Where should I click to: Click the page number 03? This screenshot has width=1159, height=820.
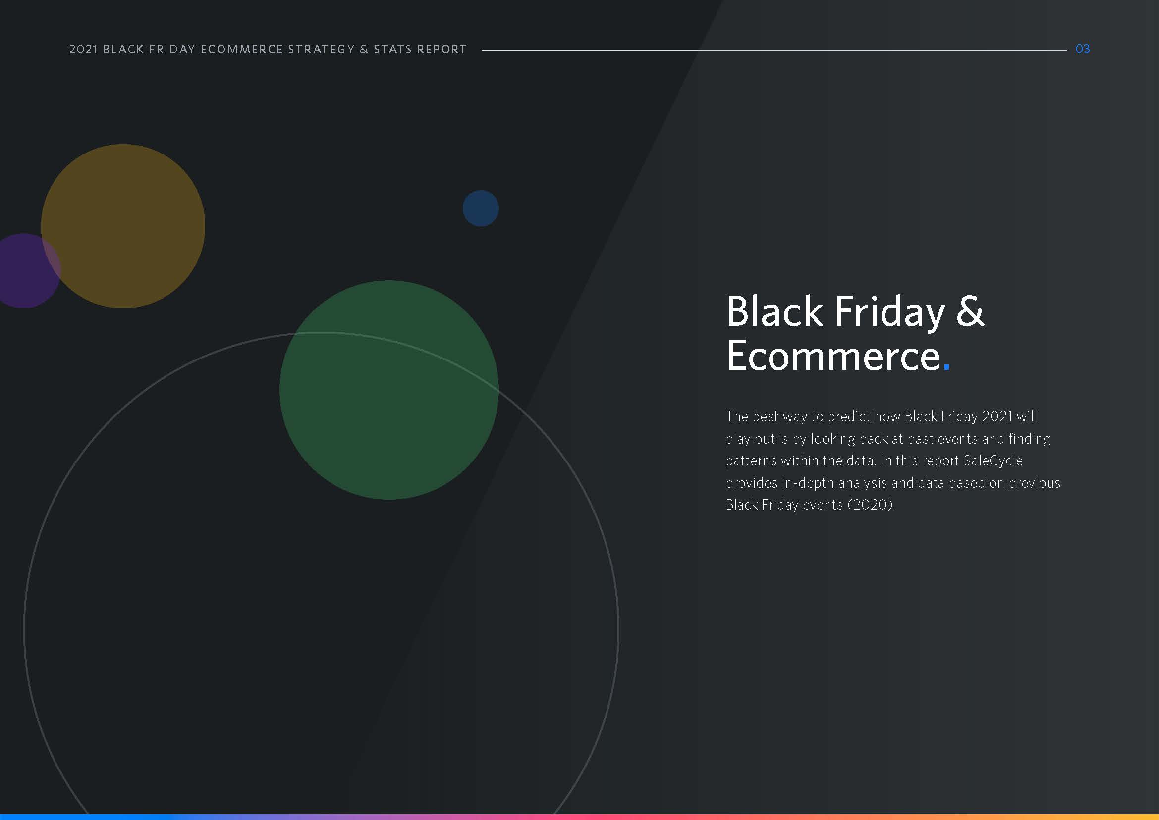[1082, 49]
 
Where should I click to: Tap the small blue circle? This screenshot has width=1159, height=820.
[481, 208]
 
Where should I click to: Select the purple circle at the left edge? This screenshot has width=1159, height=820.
[25, 271]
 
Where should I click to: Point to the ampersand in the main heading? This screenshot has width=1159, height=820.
[970, 311]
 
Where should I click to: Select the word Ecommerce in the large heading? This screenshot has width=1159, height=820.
[833, 356]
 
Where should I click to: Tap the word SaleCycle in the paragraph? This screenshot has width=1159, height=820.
[993, 461]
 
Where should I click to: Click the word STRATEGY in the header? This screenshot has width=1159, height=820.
[321, 50]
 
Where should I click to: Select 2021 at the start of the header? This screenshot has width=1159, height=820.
[83, 50]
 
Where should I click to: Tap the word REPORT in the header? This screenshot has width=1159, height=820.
[442, 50]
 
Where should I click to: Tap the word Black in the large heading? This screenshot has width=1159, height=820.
[774, 311]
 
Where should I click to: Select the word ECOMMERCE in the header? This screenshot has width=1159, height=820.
[242, 50]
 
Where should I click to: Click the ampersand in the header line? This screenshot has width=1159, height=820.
[364, 50]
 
